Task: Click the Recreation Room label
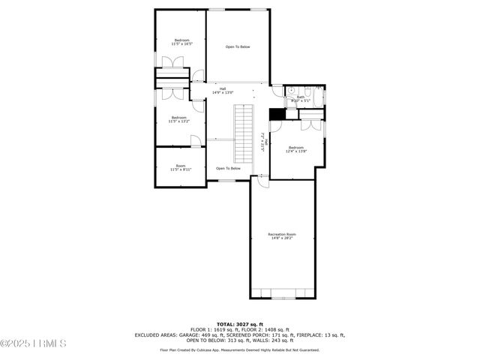coord(282,236)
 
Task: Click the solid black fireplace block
coord(275,113)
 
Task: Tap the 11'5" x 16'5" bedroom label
coord(181,42)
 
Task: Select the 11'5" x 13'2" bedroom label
coord(178,118)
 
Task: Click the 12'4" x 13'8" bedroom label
coord(296,149)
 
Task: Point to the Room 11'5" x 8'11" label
coord(181,167)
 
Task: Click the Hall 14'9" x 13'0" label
coord(223,91)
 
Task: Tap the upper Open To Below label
coord(238,46)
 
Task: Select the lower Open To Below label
coord(228,168)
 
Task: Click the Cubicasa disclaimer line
coord(239,349)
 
